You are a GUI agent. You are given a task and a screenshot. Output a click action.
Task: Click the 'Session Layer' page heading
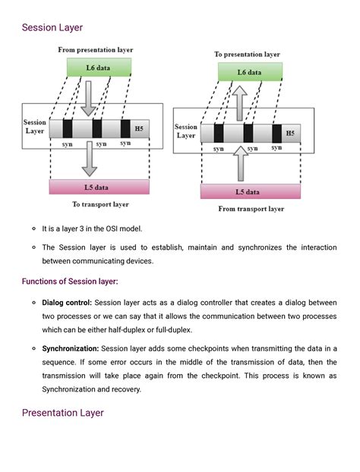click(52, 29)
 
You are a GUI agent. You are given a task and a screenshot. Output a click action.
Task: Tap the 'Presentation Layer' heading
click(63, 413)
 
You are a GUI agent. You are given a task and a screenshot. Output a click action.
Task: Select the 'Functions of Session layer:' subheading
click(70, 282)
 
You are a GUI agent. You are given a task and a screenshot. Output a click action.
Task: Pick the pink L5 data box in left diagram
click(99, 187)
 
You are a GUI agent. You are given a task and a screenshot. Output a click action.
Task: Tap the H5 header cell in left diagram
click(138, 128)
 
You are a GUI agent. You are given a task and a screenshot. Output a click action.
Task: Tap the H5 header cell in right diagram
click(290, 134)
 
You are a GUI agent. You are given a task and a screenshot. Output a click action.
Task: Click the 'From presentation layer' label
click(96, 50)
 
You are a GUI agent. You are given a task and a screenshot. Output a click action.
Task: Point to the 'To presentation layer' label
click(247, 55)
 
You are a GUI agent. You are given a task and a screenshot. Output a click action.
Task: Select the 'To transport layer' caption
click(100, 204)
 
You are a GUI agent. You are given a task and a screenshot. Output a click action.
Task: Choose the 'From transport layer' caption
click(251, 209)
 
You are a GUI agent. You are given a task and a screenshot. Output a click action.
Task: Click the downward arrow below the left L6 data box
click(90, 96)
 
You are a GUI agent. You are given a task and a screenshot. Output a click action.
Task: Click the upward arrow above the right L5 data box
click(242, 162)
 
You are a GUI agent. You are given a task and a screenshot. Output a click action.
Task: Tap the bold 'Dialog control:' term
click(66, 303)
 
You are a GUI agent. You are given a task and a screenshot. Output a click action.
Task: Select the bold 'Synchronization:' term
click(70, 348)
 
